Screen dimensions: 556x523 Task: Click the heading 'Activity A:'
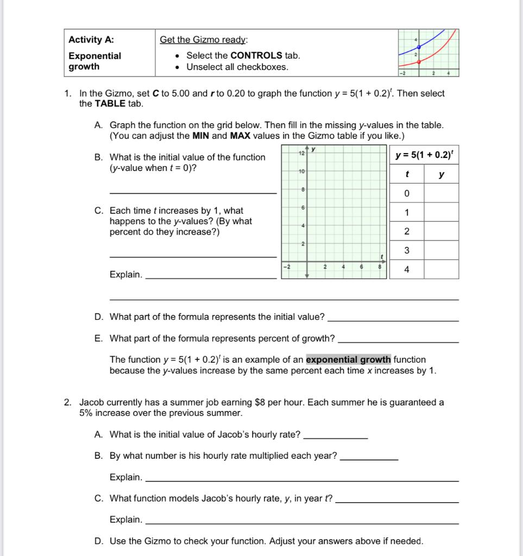[91, 40]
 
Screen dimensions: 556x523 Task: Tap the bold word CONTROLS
[256, 55]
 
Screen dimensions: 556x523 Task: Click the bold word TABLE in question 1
[110, 103]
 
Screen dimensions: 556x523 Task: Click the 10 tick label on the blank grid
[301, 171]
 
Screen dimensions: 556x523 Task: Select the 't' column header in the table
[406, 175]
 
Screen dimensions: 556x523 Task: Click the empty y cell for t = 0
[441, 194]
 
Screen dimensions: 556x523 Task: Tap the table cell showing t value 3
[406, 250]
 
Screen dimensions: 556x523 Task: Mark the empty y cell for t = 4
[441, 269]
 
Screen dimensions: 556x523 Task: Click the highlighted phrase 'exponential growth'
[348, 359]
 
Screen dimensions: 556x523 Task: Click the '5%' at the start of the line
[86, 413]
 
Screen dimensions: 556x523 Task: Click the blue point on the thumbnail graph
[419, 47]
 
